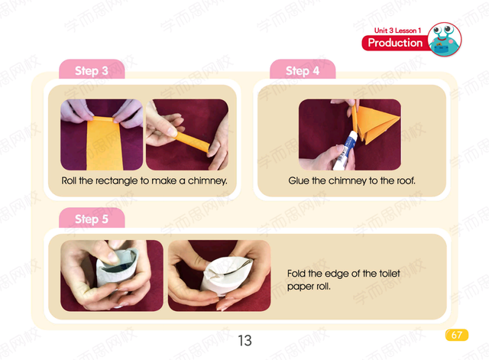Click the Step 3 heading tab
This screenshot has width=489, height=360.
coord(92,70)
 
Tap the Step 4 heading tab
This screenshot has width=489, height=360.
coord(303,70)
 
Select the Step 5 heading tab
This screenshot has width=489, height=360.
coord(92,218)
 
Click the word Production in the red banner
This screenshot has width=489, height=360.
coord(395,43)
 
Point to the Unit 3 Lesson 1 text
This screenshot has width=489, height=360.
coord(397,31)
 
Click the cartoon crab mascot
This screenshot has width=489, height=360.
coord(444,39)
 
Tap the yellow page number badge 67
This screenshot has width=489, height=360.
coord(457,335)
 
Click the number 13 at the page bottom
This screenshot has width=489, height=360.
coord(244,340)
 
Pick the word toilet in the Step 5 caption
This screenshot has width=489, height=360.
coord(390,274)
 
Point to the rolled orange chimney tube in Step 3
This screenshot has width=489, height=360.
coord(191,142)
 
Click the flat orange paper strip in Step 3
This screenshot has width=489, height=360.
coord(104,144)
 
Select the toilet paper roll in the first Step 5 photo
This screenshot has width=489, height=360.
coord(117,268)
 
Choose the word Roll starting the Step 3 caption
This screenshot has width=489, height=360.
coord(69,180)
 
